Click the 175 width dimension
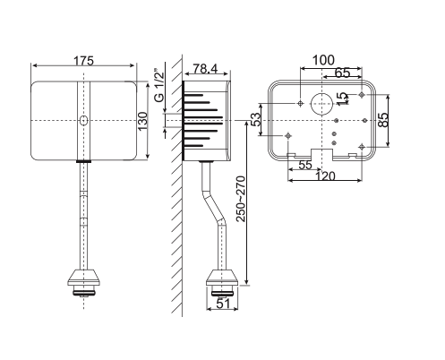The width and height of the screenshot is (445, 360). pyautogui.click(x=85, y=60)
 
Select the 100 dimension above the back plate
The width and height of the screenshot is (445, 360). pyautogui.click(x=324, y=60)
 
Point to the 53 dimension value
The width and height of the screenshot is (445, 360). pyautogui.click(x=254, y=119)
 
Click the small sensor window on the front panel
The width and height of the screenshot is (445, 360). pyautogui.click(x=83, y=120)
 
